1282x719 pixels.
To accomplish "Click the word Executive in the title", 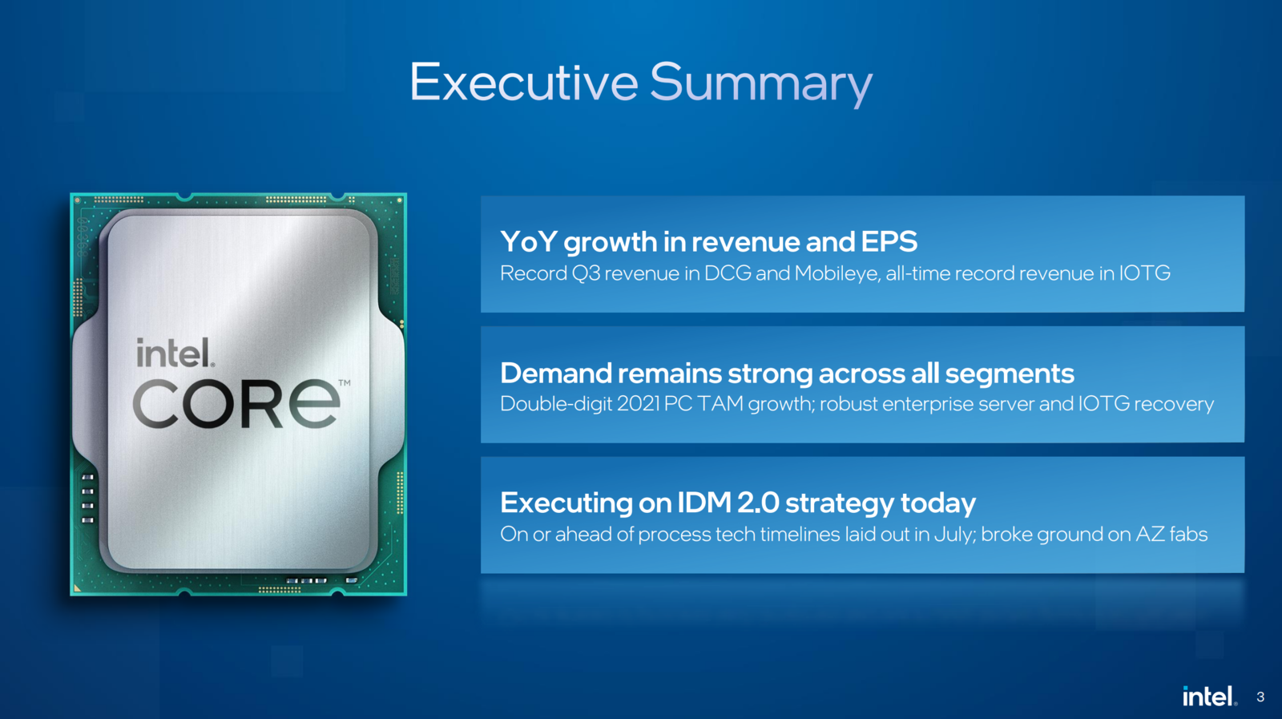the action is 524,83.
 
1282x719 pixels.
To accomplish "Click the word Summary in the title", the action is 761,86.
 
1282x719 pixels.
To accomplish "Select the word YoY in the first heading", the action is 529,241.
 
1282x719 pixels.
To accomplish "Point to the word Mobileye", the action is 837,273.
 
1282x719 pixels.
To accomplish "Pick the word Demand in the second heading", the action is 556,374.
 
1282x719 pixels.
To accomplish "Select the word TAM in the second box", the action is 719,404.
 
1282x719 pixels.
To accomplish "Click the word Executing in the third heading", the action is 566,503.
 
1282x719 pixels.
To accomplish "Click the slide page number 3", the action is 1260,697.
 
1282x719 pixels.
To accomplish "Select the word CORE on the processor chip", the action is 236,403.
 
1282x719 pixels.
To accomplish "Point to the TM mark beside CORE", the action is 345,382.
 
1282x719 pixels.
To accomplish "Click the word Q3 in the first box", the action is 586,273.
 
